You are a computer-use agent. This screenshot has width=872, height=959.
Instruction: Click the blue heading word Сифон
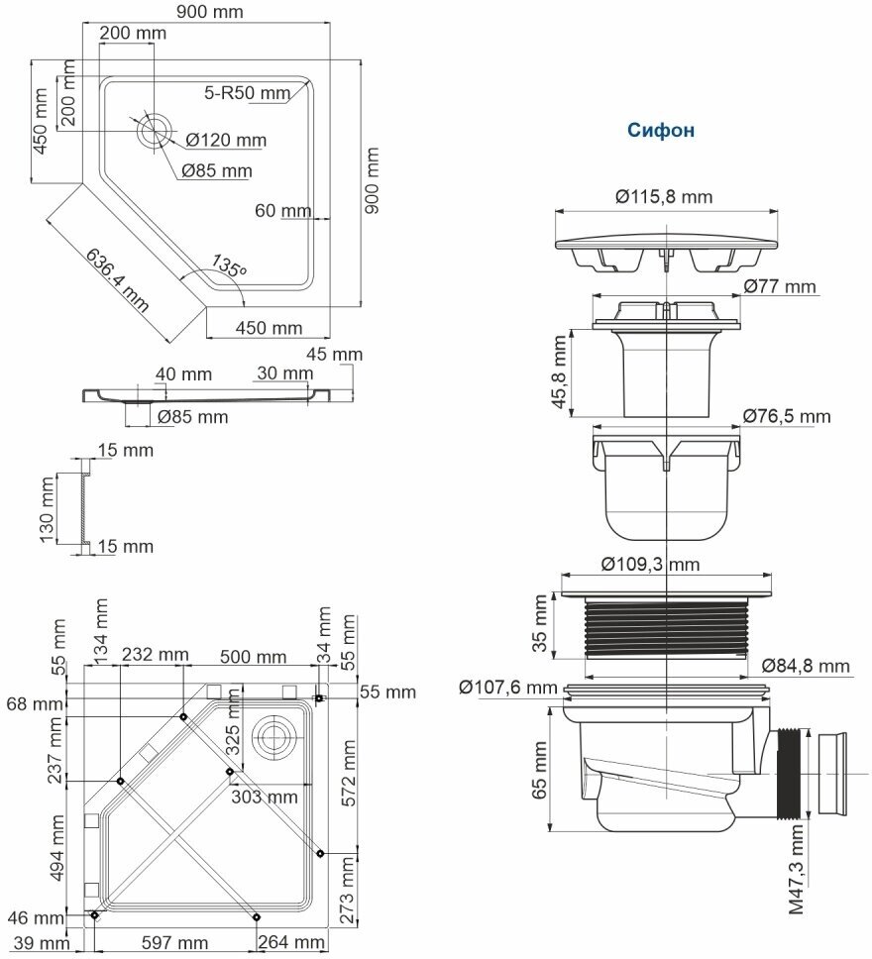[661, 130]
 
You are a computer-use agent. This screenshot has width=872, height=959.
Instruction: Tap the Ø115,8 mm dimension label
[663, 196]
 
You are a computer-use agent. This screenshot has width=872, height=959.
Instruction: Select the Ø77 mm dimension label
[780, 287]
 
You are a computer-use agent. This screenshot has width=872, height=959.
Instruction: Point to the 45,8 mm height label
[562, 371]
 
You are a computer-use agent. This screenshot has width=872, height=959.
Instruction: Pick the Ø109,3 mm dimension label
[650, 564]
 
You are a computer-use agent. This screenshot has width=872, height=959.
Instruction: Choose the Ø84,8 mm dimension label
[807, 665]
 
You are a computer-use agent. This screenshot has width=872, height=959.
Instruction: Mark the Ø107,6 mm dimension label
[508, 686]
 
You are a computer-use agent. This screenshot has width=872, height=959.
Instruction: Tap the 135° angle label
[228, 266]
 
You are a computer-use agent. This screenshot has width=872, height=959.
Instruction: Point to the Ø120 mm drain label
[226, 140]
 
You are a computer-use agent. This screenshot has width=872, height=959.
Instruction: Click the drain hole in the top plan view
[155, 130]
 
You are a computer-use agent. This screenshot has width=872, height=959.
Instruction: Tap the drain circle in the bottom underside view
[272, 734]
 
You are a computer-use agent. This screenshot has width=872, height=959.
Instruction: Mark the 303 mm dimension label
[265, 796]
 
